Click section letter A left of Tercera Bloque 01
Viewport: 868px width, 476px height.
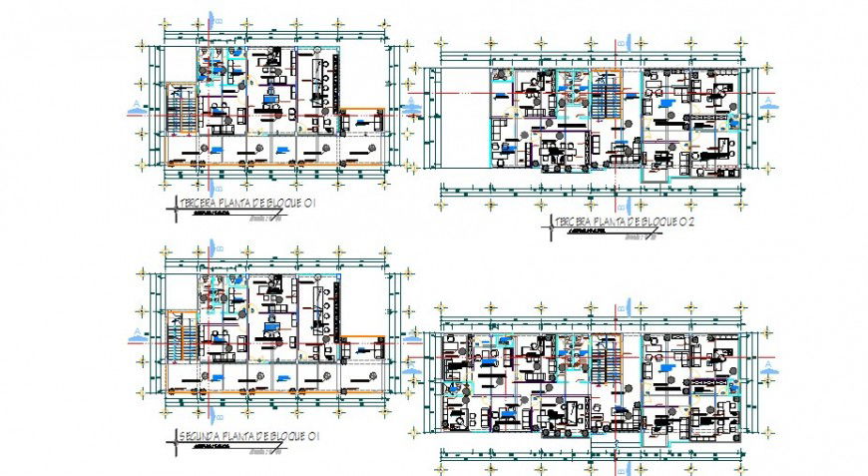coord(135,105)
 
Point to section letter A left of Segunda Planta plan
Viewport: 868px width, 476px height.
coord(135,333)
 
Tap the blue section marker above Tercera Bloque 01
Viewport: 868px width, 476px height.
coord(212,22)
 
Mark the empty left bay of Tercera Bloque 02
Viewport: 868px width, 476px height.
coord(457,125)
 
